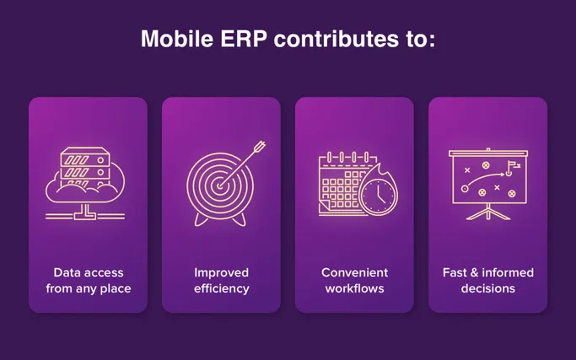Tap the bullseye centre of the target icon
click(x=221, y=182)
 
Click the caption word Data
click(x=67, y=272)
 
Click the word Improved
click(x=221, y=272)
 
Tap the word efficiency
click(x=221, y=288)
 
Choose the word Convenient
click(x=354, y=272)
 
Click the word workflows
click(x=354, y=288)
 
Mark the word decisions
click(x=487, y=288)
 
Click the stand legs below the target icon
click(x=221, y=219)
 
